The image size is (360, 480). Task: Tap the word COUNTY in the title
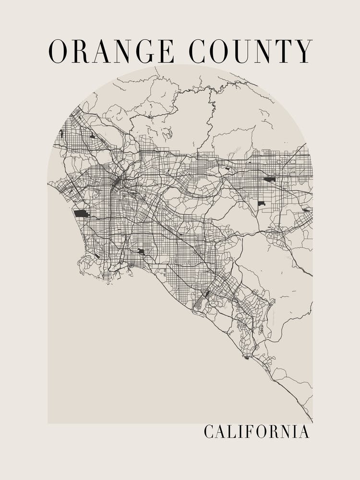[251, 51]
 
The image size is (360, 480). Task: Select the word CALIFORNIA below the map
[256, 431]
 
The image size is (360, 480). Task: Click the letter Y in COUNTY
[303, 51]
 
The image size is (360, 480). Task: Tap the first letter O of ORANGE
[58, 51]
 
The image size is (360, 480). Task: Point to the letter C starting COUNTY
[197, 51]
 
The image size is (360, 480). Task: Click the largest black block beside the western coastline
[81, 213]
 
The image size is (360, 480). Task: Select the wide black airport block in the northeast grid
[270, 179]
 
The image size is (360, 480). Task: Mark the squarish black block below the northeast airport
[262, 204]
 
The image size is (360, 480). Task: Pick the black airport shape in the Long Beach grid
[141, 251]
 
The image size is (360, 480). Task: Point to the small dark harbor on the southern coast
[247, 357]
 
